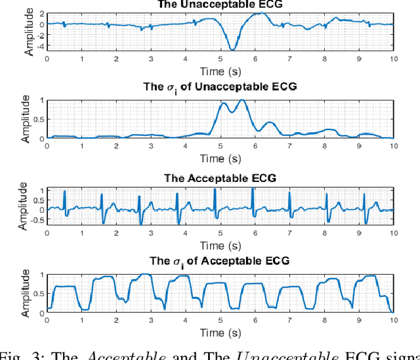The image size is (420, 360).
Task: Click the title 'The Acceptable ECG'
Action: coord(219,178)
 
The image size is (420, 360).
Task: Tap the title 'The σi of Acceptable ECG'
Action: coord(219,261)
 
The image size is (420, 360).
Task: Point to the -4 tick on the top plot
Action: coord(40,47)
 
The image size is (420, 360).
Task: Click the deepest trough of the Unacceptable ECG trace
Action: coord(232,49)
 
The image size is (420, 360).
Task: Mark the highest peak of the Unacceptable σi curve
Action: coord(241,101)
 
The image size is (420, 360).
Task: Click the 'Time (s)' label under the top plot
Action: coord(219,70)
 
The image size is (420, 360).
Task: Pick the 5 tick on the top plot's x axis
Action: coord(220,58)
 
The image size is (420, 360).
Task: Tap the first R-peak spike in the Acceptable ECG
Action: coord(64,191)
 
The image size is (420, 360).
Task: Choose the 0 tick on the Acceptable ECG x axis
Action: coord(47,234)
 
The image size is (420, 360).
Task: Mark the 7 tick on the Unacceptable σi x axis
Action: coord(289,145)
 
